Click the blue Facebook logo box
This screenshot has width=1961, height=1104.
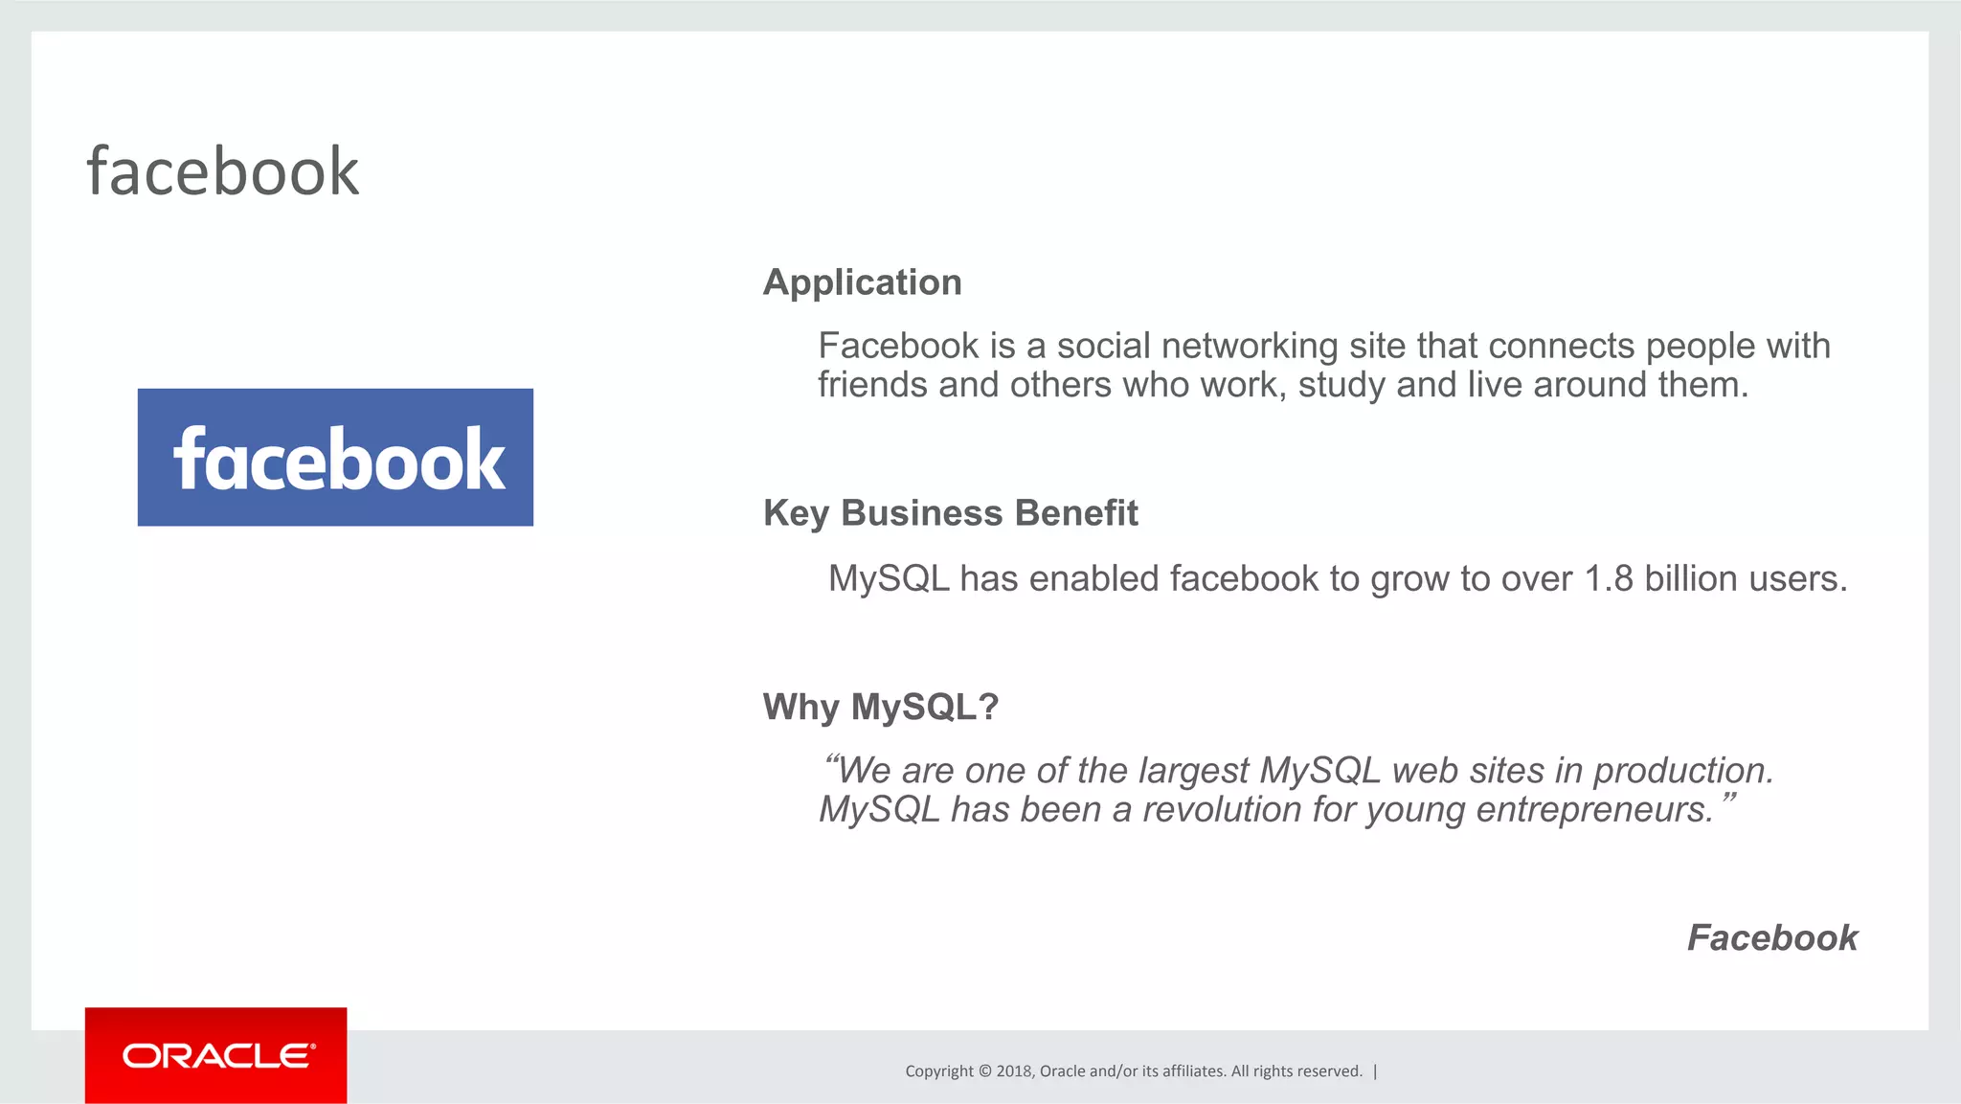tap(335, 457)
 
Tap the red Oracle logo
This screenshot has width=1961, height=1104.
tap(215, 1055)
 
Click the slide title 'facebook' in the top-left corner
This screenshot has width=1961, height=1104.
tap(223, 172)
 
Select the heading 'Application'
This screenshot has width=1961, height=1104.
tap(862, 282)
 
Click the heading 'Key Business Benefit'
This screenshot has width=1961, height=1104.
tap(950, 513)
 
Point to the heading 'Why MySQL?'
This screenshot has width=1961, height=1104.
tap(880, 707)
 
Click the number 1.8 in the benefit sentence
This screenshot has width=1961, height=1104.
tap(1608, 578)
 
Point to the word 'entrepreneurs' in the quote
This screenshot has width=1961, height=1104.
tap(1593, 810)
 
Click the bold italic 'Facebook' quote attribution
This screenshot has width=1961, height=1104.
tap(1771, 937)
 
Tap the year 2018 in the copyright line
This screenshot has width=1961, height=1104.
tap(1013, 1071)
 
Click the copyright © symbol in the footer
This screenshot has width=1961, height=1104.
tap(985, 1071)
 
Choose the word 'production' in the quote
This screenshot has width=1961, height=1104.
tap(1682, 771)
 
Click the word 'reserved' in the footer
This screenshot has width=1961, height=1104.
tap(1330, 1071)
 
